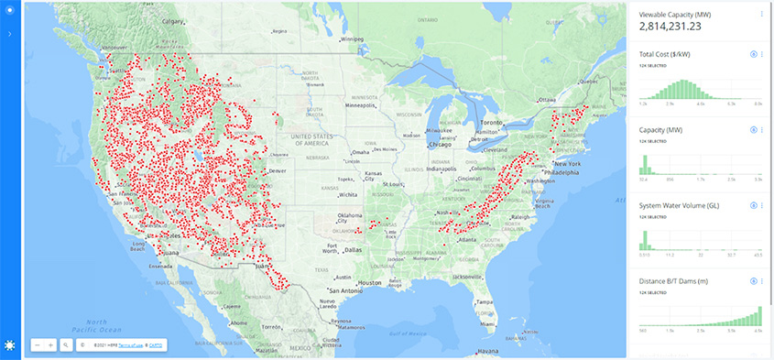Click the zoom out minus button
tap(37, 345)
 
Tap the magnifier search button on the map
tap(65, 345)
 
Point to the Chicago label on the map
tap(440, 144)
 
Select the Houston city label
tap(370, 283)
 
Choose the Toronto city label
tap(493, 122)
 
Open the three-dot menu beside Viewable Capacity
tap(761, 14)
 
